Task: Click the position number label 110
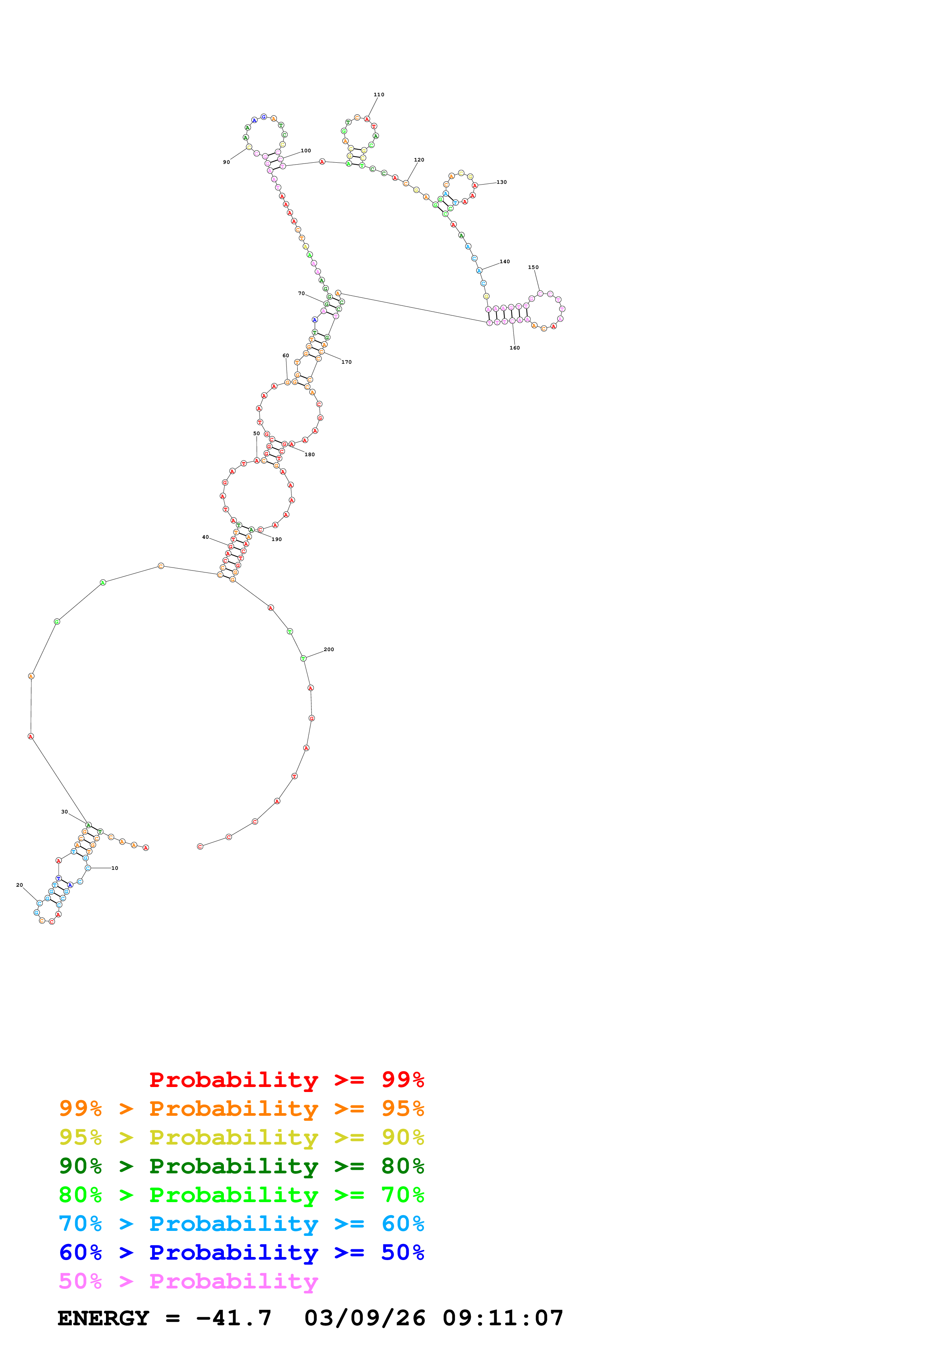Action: (x=379, y=94)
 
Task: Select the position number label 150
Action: (x=533, y=267)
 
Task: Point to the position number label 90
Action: (x=227, y=162)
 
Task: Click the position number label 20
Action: (x=19, y=885)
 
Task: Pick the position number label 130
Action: (x=502, y=182)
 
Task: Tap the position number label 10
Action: (x=114, y=868)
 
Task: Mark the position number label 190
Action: (x=276, y=539)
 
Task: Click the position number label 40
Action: (x=205, y=537)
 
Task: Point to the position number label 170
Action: (x=347, y=362)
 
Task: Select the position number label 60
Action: (x=286, y=356)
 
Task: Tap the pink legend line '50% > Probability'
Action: (x=188, y=1282)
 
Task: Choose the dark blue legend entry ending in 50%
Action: (x=241, y=1253)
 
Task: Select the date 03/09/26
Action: (x=365, y=1318)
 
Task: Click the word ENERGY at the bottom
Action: (x=103, y=1318)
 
